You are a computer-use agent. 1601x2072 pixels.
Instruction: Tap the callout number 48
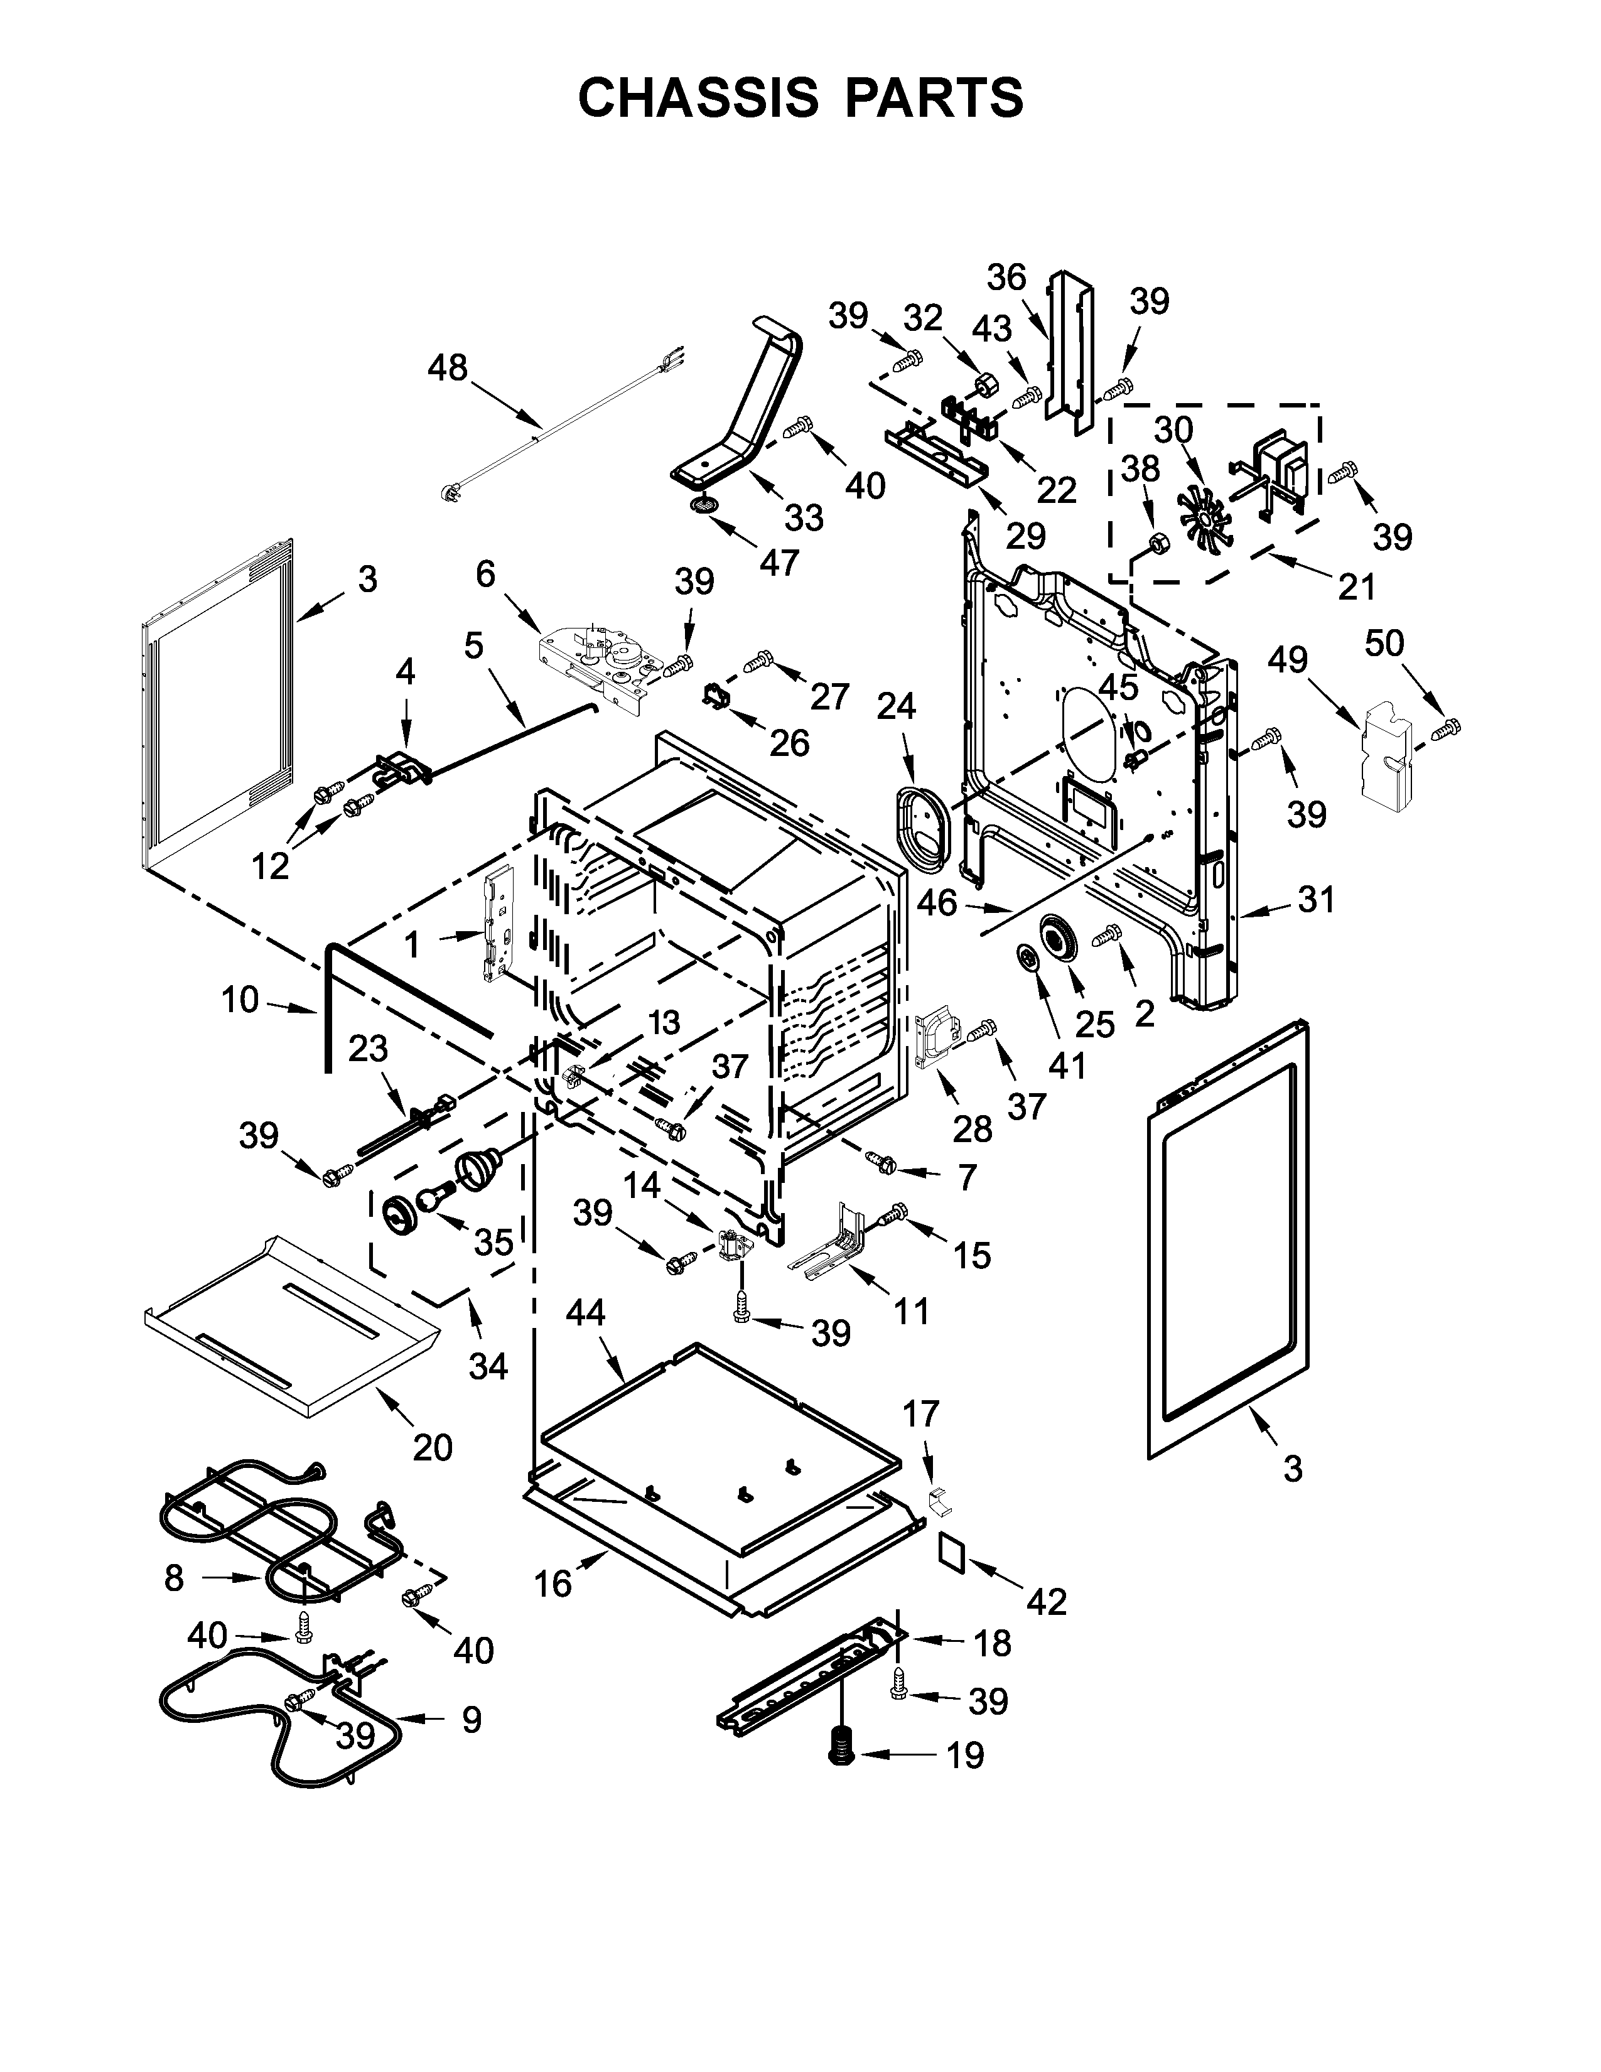(x=448, y=367)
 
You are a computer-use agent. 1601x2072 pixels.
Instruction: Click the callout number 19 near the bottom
(x=966, y=1755)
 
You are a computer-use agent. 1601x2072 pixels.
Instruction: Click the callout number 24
(x=897, y=705)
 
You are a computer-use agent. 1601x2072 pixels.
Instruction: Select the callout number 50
(x=1384, y=643)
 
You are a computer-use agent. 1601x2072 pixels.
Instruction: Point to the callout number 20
(x=433, y=1447)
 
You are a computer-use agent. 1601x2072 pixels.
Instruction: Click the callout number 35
(x=493, y=1242)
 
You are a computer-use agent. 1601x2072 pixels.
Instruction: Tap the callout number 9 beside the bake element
(x=472, y=1719)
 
